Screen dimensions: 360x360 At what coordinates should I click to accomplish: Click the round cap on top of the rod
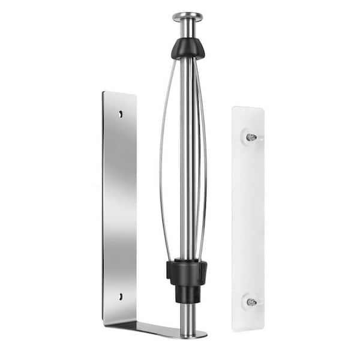point(187,16)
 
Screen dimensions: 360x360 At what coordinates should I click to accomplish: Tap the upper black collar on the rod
point(188,48)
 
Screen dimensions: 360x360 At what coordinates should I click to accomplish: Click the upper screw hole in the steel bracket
point(121,113)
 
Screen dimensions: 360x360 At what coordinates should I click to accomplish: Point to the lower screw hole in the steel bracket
point(120,296)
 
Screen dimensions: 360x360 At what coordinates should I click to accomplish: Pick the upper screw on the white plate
point(251,137)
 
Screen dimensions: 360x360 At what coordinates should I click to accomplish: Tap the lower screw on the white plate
point(251,302)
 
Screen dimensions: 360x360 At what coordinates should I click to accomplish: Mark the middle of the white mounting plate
point(248,219)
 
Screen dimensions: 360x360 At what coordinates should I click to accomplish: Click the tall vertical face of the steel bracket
point(119,204)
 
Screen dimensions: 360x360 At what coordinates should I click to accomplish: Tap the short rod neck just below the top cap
point(187,29)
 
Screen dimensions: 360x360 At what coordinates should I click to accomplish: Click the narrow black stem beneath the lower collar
point(187,293)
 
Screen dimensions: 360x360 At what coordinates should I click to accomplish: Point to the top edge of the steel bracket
point(119,94)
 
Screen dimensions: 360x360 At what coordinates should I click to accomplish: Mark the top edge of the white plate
point(248,109)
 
